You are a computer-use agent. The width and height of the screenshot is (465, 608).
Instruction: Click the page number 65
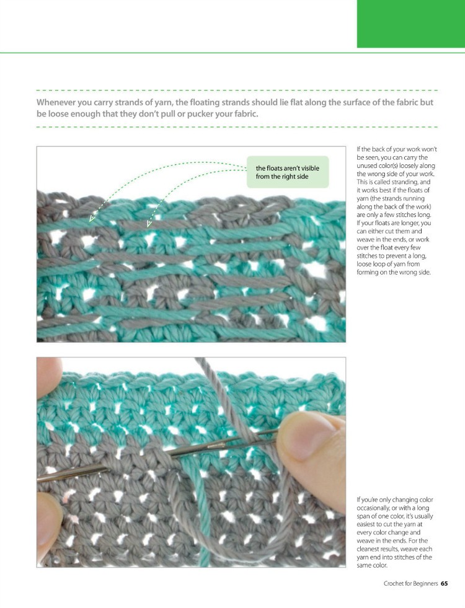(x=445, y=583)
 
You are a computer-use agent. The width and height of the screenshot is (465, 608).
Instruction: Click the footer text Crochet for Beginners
(x=410, y=583)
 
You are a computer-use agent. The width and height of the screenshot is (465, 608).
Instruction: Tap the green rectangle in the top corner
(x=410, y=24)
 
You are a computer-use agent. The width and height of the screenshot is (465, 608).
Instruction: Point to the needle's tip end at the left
(x=40, y=479)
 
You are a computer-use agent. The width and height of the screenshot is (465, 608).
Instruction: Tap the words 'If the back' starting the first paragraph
(x=374, y=149)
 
